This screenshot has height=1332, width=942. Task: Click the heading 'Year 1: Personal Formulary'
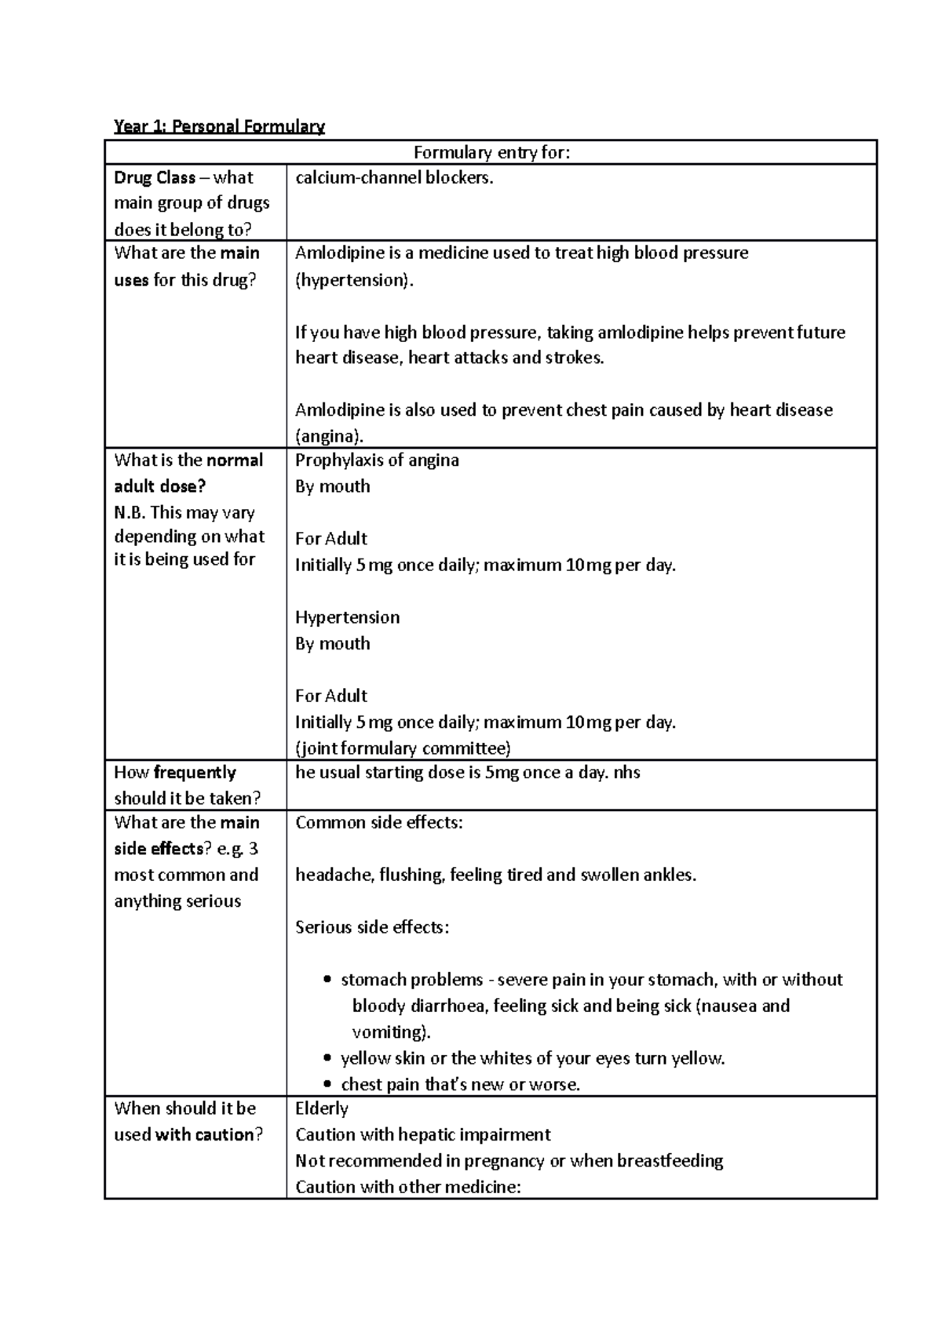tap(219, 126)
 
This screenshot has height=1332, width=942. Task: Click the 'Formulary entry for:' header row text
tap(491, 152)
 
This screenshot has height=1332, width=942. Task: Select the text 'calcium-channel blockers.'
tap(394, 178)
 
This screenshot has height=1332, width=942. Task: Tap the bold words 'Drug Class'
tap(155, 178)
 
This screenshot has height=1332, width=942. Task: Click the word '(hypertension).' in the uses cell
tap(353, 281)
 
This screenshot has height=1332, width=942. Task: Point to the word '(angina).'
tap(329, 436)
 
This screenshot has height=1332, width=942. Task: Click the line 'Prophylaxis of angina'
tap(377, 460)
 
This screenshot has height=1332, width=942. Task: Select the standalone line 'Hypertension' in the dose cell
tap(347, 617)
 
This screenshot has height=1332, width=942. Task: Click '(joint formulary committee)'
tap(403, 748)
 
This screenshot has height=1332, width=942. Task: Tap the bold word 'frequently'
tap(195, 773)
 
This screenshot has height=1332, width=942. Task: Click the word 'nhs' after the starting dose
tap(626, 773)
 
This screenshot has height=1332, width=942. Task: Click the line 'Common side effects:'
tap(379, 823)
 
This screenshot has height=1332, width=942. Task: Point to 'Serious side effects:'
tap(372, 927)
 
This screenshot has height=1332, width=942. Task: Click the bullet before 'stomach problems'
tap(328, 981)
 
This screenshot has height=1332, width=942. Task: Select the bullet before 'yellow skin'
tap(328, 1059)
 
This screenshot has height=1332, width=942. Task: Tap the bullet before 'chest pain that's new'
tap(328, 1085)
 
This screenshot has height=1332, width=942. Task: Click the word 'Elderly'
tap(322, 1109)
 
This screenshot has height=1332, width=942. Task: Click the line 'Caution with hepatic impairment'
tap(422, 1135)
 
